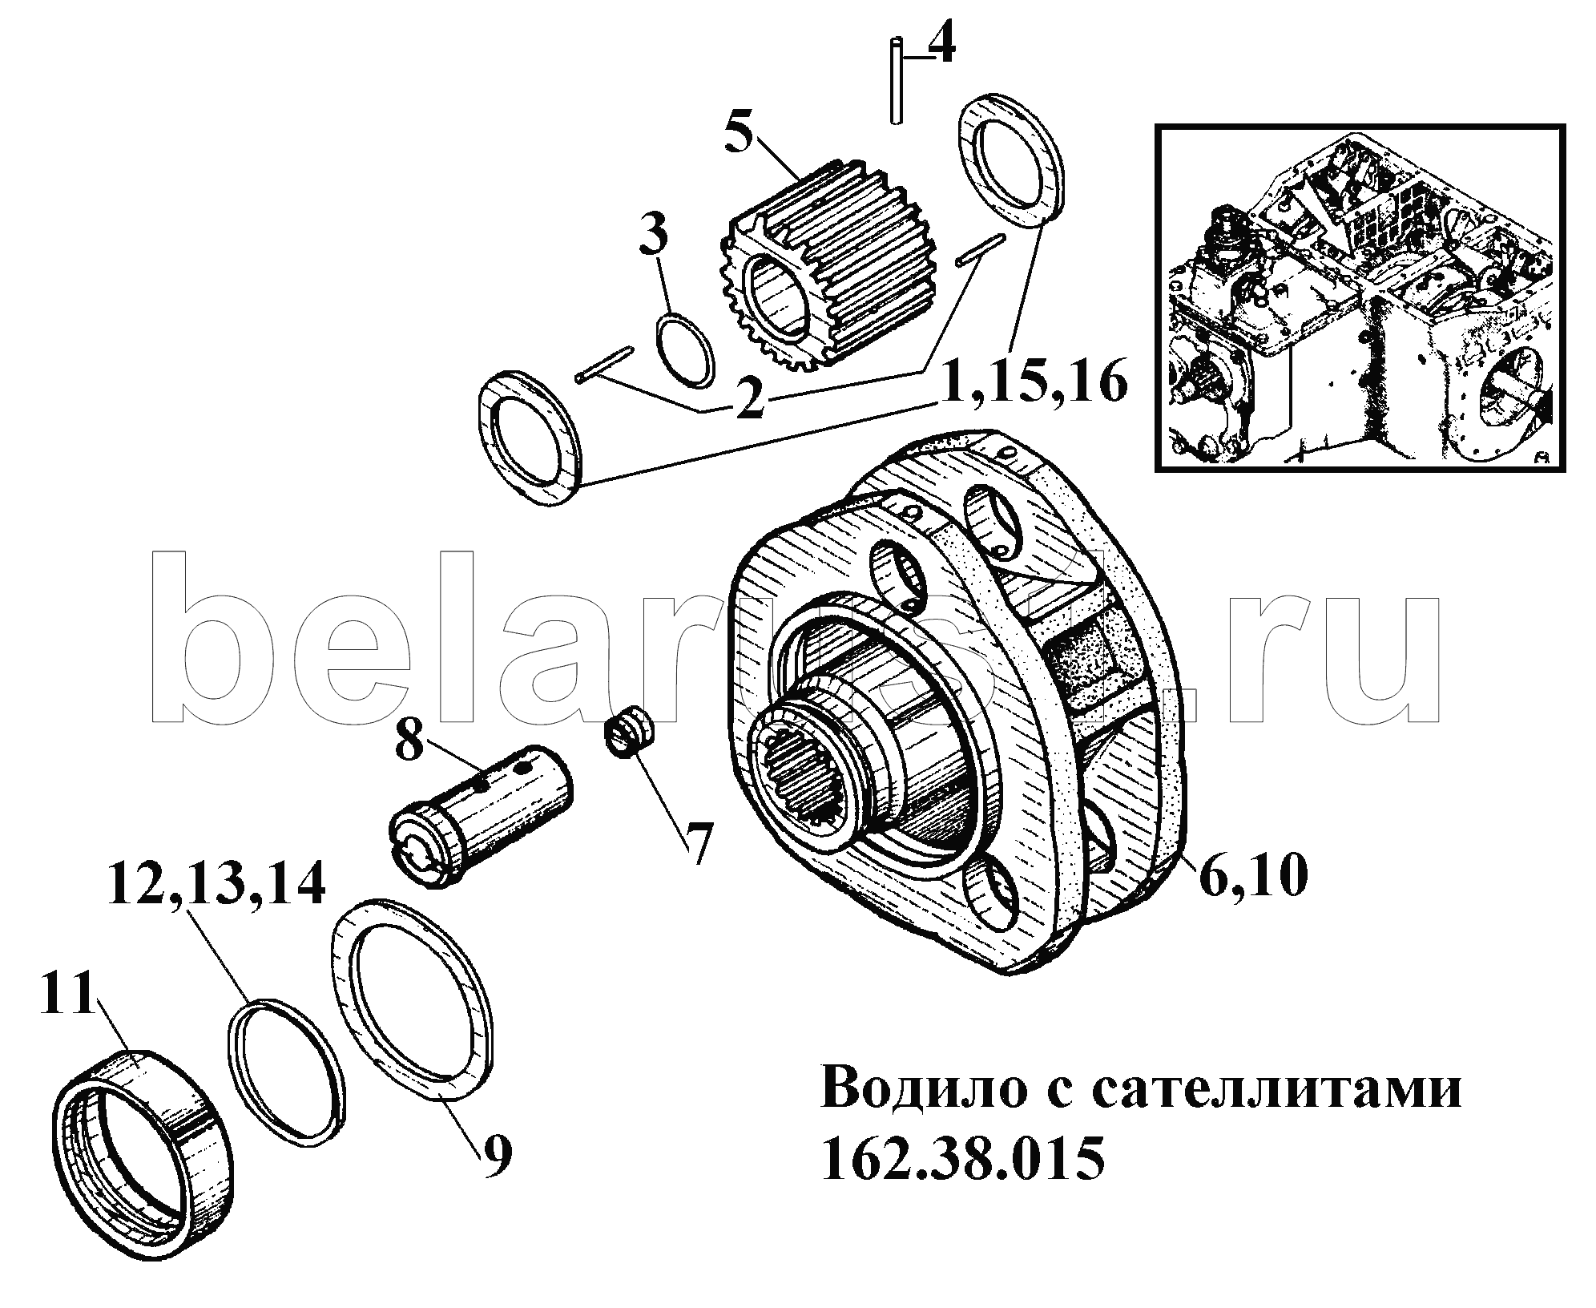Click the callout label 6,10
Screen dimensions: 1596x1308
[1253, 876]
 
